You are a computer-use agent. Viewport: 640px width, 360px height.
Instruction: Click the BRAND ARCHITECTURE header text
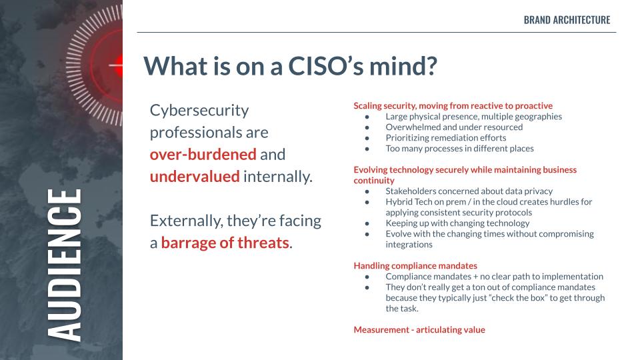pos(567,20)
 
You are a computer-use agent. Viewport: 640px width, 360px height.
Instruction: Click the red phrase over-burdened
pos(203,154)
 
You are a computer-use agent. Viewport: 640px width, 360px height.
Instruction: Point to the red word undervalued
pos(195,176)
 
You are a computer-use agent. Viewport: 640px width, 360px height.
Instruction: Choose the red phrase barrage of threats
pos(225,243)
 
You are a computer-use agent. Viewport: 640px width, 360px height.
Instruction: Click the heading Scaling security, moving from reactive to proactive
pos(453,106)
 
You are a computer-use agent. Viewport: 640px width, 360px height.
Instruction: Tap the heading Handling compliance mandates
pos(415,266)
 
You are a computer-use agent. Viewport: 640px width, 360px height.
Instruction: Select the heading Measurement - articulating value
pos(419,330)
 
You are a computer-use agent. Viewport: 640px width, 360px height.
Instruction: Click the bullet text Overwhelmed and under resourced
pos(454,127)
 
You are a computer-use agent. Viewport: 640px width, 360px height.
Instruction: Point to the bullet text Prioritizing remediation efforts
pos(446,138)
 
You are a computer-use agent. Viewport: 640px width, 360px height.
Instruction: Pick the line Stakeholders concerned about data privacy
pos(469,191)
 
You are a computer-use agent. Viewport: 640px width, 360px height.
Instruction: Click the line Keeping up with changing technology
pos(457,223)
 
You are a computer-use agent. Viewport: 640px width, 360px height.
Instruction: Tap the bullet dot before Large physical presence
pos(367,117)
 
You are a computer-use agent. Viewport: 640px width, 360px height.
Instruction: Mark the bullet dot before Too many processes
pos(367,149)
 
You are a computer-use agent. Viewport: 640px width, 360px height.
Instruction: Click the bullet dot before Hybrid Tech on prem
pos(367,203)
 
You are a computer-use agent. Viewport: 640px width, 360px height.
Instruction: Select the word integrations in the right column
pos(409,245)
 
